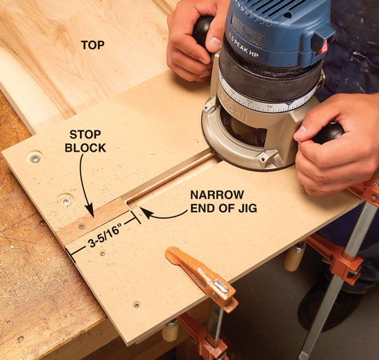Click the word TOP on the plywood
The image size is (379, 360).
[92, 46]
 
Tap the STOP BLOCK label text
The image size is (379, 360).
[85, 141]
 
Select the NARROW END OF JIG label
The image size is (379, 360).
[223, 201]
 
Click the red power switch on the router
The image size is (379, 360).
[323, 46]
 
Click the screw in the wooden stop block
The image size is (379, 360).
[82, 226]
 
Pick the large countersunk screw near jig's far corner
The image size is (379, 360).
[35, 159]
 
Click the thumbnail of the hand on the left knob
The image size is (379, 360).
[214, 43]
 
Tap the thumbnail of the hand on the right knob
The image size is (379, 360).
[302, 132]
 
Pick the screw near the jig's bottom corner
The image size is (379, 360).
[137, 304]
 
